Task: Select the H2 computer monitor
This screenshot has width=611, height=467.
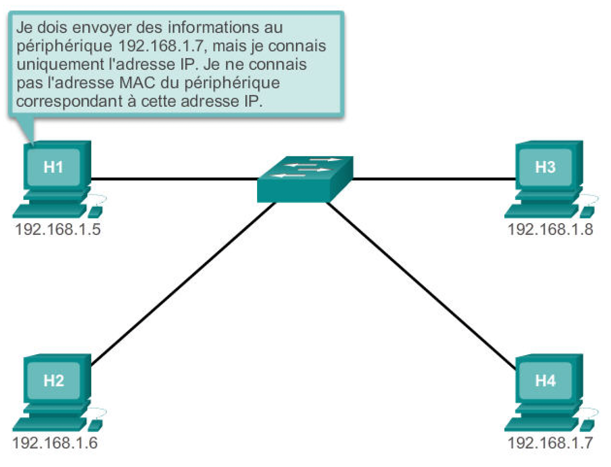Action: click(54, 380)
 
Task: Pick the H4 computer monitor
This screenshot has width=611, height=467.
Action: click(546, 380)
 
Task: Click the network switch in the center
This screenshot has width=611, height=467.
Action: click(305, 180)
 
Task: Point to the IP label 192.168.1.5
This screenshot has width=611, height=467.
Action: click(58, 229)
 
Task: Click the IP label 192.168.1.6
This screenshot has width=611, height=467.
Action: click(55, 443)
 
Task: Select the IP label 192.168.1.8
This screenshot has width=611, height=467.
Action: click(550, 229)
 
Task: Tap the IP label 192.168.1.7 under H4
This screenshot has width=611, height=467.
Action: click(550, 443)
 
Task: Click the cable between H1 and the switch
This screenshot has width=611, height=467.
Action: click(173, 179)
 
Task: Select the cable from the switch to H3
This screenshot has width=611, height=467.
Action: click(435, 179)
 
